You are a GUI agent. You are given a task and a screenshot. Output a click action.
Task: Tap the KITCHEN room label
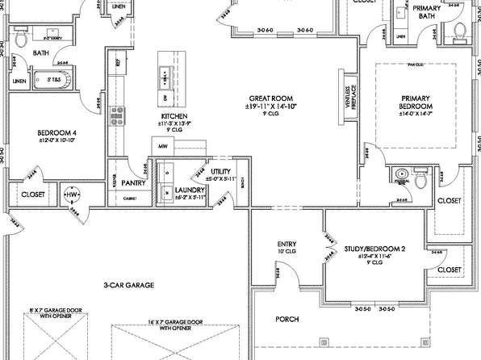(174, 117)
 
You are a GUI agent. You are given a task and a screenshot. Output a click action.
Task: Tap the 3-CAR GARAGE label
(128, 285)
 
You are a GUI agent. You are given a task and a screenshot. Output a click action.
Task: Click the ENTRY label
(288, 243)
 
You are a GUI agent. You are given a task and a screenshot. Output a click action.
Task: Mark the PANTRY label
(123, 182)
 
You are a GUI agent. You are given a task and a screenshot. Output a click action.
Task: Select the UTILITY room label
(221, 172)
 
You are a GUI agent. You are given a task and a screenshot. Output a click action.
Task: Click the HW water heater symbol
(73, 195)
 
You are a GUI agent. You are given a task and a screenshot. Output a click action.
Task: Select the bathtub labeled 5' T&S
(53, 80)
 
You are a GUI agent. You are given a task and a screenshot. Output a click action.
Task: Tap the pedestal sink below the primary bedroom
(401, 176)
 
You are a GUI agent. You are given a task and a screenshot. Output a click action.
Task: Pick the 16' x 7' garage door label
(175, 325)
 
